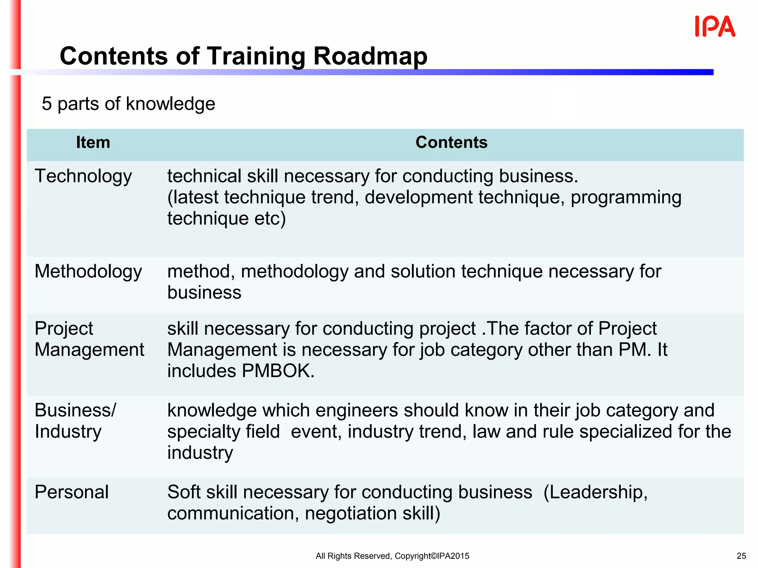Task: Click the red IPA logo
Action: pos(715,27)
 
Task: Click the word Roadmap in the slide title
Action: pos(370,56)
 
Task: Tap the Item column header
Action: pos(93,143)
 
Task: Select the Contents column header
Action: pos(451,143)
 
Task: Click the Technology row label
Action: pos(83,176)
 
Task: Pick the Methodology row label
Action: pos(88,272)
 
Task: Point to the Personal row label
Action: pos(71,492)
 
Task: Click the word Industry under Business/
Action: pos(68,432)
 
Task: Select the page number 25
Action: pos(741,556)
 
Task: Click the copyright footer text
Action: pos(392,556)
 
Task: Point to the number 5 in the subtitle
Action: pos(47,104)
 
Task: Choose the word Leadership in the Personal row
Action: pos(596,492)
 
